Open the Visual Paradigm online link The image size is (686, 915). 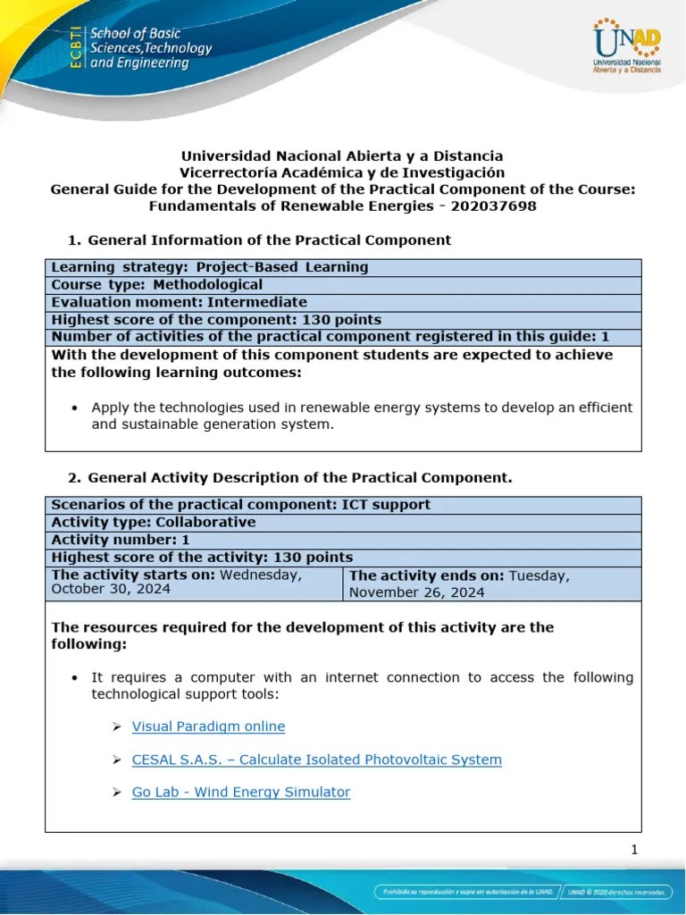tap(208, 726)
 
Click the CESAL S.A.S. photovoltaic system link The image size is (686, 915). tap(316, 760)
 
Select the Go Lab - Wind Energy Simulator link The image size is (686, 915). tap(240, 792)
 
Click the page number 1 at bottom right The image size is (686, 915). tap(634, 850)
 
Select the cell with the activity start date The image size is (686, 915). tap(194, 583)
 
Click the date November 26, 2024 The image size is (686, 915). tap(416, 592)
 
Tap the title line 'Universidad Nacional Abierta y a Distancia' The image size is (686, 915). tap(342, 155)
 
